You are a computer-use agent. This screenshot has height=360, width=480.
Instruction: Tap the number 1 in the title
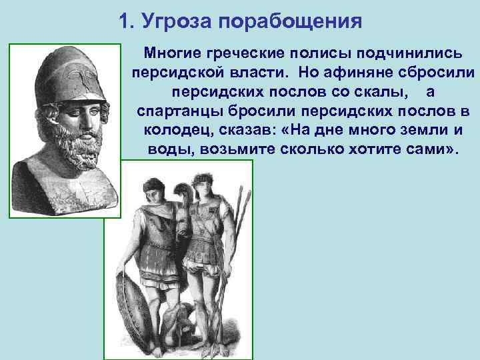click(124, 21)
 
